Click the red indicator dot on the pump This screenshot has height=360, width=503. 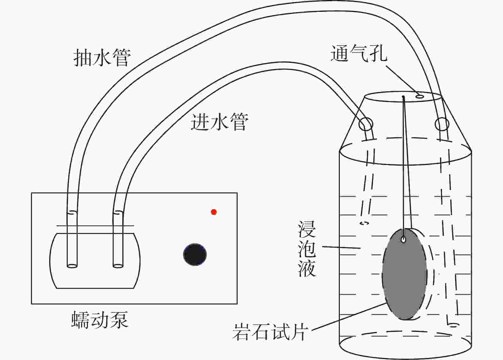pyautogui.click(x=214, y=212)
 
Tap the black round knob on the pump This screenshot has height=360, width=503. pyautogui.click(x=195, y=255)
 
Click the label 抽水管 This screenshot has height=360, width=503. pyautogui.click(x=102, y=58)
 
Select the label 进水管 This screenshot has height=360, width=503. pyautogui.click(x=219, y=122)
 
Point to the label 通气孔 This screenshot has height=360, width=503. pyautogui.click(x=359, y=53)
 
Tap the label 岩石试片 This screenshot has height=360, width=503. pyautogui.click(x=270, y=332)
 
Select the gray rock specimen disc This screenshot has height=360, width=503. pyautogui.click(x=404, y=274)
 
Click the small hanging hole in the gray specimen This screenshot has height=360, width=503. pyautogui.click(x=404, y=239)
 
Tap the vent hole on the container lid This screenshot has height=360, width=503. pyautogui.click(x=420, y=96)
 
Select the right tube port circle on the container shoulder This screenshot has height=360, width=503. pyautogui.click(x=442, y=124)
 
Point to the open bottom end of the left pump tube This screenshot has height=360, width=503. pyautogui.click(x=72, y=265)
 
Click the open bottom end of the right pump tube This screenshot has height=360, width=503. pyautogui.click(x=118, y=265)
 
